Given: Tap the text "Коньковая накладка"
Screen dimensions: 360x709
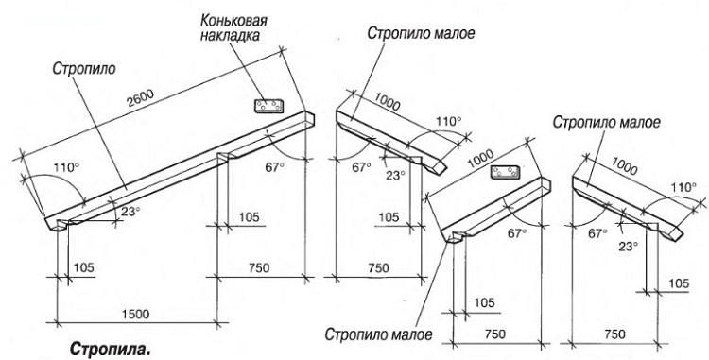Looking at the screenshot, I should pyautogui.click(x=232, y=28).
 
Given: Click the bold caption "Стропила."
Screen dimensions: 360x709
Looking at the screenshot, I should pyautogui.click(x=110, y=350).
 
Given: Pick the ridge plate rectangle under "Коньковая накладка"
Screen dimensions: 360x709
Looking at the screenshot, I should pyautogui.click(x=268, y=103).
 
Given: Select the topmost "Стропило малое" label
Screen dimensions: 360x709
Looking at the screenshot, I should pyautogui.click(x=422, y=34).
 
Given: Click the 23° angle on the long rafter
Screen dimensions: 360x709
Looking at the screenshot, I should pyautogui.click(x=129, y=213).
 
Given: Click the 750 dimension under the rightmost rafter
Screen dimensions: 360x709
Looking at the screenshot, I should pyautogui.click(x=614, y=334).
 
